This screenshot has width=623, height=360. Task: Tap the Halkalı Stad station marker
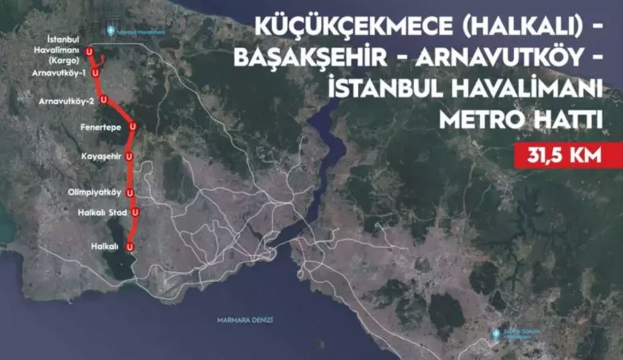135,211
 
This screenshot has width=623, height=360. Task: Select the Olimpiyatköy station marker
130,192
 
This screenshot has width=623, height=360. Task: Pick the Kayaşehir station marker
129,155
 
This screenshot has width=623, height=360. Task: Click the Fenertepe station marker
133,126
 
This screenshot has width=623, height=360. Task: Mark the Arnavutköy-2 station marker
104,99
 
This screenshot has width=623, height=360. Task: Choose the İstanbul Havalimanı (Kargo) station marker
90,51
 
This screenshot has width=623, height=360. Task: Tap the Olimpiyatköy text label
94,192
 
